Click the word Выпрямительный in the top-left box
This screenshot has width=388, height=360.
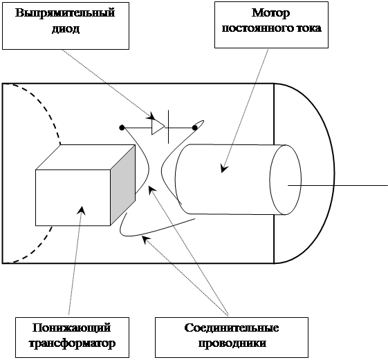[65, 13]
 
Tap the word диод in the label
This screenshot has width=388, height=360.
[66, 29]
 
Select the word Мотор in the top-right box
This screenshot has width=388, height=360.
[270, 13]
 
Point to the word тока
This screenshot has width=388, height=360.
[308, 28]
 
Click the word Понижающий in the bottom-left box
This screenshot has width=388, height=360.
[72, 328]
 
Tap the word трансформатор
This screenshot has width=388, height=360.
[72, 343]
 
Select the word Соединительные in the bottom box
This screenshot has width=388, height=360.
[232, 328]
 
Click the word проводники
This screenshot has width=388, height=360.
[232, 343]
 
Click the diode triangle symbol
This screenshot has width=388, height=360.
[158, 128]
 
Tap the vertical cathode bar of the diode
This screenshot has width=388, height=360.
[169, 127]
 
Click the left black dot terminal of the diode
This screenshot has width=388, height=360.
[122, 128]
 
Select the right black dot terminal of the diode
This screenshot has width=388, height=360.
[195, 128]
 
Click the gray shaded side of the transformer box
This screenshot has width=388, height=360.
[122, 185]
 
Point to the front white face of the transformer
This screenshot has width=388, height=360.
[73, 198]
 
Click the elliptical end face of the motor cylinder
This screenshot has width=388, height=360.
[286, 180]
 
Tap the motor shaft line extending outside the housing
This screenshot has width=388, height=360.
[338, 185]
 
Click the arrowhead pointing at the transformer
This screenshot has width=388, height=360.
[82, 211]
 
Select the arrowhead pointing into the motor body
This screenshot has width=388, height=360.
[224, 169]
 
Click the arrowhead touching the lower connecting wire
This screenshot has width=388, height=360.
[147, 239]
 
